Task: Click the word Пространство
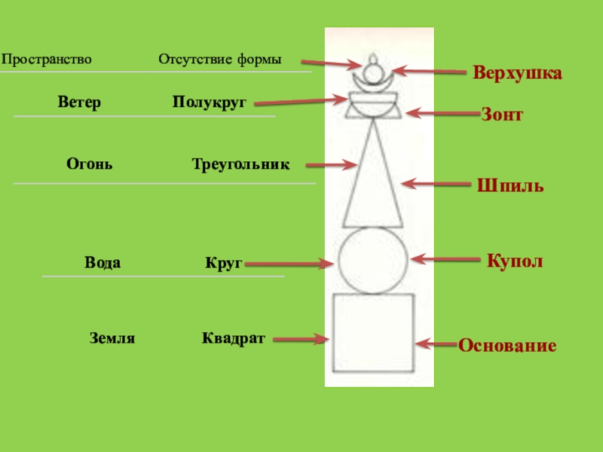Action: (x=47, y=59)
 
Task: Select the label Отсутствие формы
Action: (x=219, y=59)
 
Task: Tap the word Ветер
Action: (x=79, y=102)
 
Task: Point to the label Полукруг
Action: (x=209, y=102)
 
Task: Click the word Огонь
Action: (x=90, y=163)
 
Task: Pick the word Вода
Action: (x=103, y=263)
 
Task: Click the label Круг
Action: (x=222, y=264)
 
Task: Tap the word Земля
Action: (x=112, y=339)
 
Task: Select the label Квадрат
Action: (x=233, y=338)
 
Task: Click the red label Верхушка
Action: (x=518, y=74)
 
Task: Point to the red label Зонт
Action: (x=502, y=115)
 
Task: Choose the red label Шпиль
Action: (x=510, y=185)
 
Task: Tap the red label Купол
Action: (x=515, y=261)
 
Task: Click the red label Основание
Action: (x=507, y=346)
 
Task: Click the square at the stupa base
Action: (x=374, y=333)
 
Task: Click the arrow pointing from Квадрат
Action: (x=301, y=340)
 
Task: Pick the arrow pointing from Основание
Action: (x=438, y=344)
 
